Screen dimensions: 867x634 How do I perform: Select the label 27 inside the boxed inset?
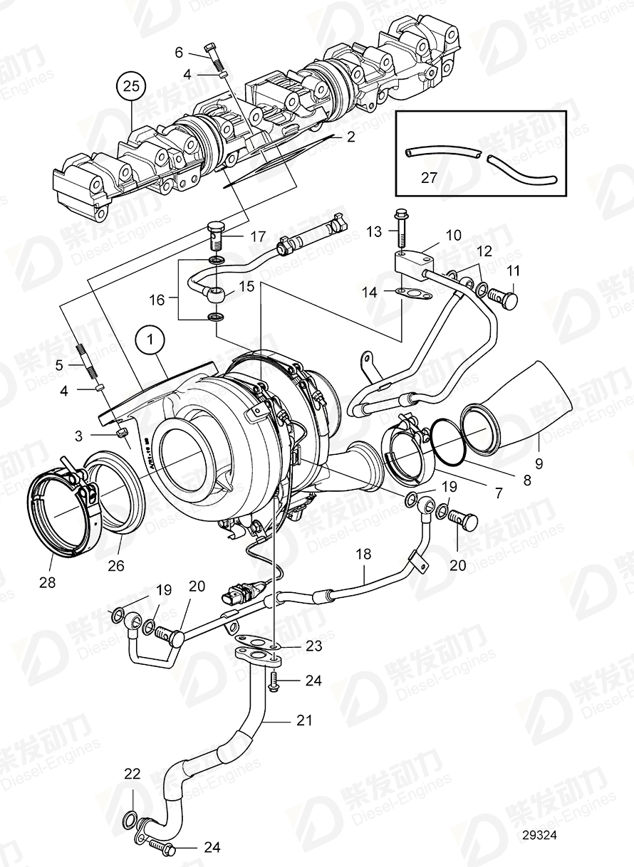click(x=429, y=177)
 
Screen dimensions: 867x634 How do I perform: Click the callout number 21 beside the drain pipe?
click(x=304, y=720)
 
